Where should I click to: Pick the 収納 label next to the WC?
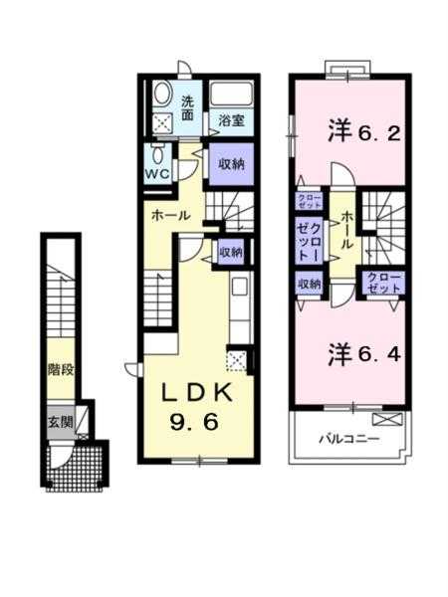coord(230,163)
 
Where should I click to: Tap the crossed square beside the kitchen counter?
coord(237,360)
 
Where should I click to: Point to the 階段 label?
coord(59,370)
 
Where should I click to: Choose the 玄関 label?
coord(59,421)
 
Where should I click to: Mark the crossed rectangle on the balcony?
coord(395,418)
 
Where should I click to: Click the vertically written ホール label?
coord(346,231)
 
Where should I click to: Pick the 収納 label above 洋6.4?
coord(309,284)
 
